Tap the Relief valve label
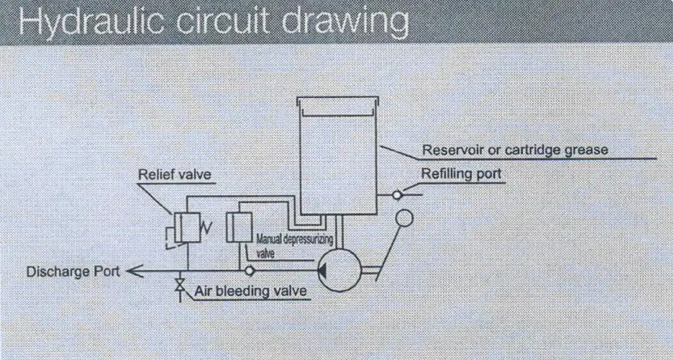tap(174, 174)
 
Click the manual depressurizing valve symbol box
tap(239, 227)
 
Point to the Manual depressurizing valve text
tap(294, 245)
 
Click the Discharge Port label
tap(73, 272)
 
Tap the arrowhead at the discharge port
tap(134, 271)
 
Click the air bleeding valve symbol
tap(180, 285)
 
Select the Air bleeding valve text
tap(251, 291)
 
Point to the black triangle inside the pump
tap(322, 271)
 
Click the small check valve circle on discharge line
tap(250, 272)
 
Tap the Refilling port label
tap(461, 173)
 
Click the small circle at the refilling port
tap(397, 195)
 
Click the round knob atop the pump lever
tap(404, 218)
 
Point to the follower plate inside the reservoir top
tap(338, 113)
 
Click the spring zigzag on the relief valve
tap(206, 228)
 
